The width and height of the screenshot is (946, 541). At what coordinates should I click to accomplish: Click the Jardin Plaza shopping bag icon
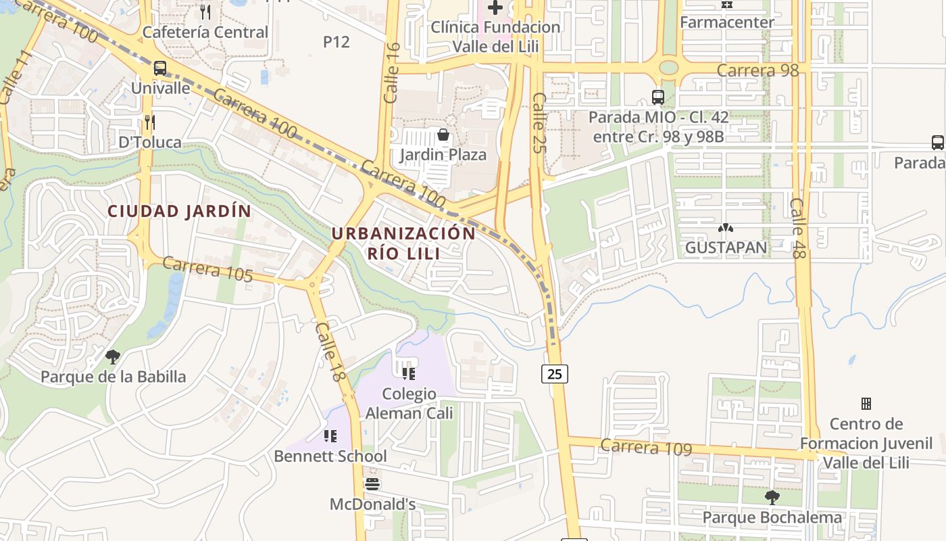click(443, 135)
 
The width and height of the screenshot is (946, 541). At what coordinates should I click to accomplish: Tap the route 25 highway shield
click(555, 373)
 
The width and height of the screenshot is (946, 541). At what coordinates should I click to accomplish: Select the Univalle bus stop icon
click(160, 68)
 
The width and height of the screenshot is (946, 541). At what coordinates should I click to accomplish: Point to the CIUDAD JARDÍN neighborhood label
click(180, 211)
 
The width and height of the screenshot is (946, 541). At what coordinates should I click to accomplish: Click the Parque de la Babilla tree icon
click(113, 356)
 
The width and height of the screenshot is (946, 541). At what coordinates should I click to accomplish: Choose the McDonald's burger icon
click(372, 484)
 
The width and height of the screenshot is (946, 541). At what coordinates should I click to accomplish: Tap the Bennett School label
click(330, 456)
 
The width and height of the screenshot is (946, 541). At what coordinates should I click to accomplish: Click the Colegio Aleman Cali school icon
click(408, 373)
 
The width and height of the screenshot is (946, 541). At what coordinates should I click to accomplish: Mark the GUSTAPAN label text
click(726, 248)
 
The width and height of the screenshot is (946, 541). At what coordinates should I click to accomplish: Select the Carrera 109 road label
click(646, 446)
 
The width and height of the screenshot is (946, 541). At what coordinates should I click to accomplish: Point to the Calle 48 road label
click(798, 228)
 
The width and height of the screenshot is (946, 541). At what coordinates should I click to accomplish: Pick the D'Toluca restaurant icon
click(150, 122)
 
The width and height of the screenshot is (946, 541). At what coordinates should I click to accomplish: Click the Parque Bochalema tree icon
click(772, 498)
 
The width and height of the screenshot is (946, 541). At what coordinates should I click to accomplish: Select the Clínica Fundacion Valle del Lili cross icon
click(495, 8)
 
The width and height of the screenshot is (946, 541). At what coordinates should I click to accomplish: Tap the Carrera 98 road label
click(757, 70)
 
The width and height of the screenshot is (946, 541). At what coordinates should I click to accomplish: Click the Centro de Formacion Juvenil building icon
click(866, 404)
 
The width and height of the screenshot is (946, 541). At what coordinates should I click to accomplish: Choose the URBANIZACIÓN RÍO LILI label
click(403, 243)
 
